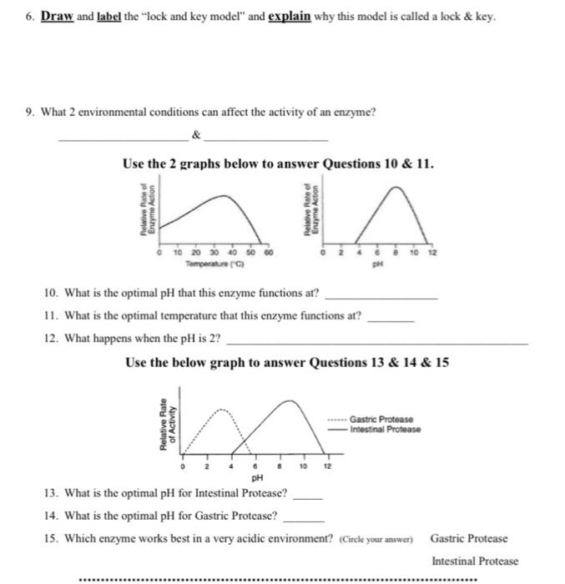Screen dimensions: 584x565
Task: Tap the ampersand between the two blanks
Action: click(x=196, y=133)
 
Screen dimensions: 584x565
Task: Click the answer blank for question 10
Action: click(x=381, y=296)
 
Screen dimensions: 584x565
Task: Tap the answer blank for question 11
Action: click(x=391, y=318)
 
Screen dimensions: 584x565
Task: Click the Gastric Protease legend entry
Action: click(x=381, y=419)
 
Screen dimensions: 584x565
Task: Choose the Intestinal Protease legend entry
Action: click(x=385, y=430)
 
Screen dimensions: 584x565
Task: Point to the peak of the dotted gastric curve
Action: click(x=220, y=408)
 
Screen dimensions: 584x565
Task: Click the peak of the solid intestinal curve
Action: click(x=289, y=400)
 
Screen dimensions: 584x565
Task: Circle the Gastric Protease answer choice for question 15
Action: click(x=468, y=539)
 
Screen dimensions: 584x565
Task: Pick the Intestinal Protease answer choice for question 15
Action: click(x=474, y=561)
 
